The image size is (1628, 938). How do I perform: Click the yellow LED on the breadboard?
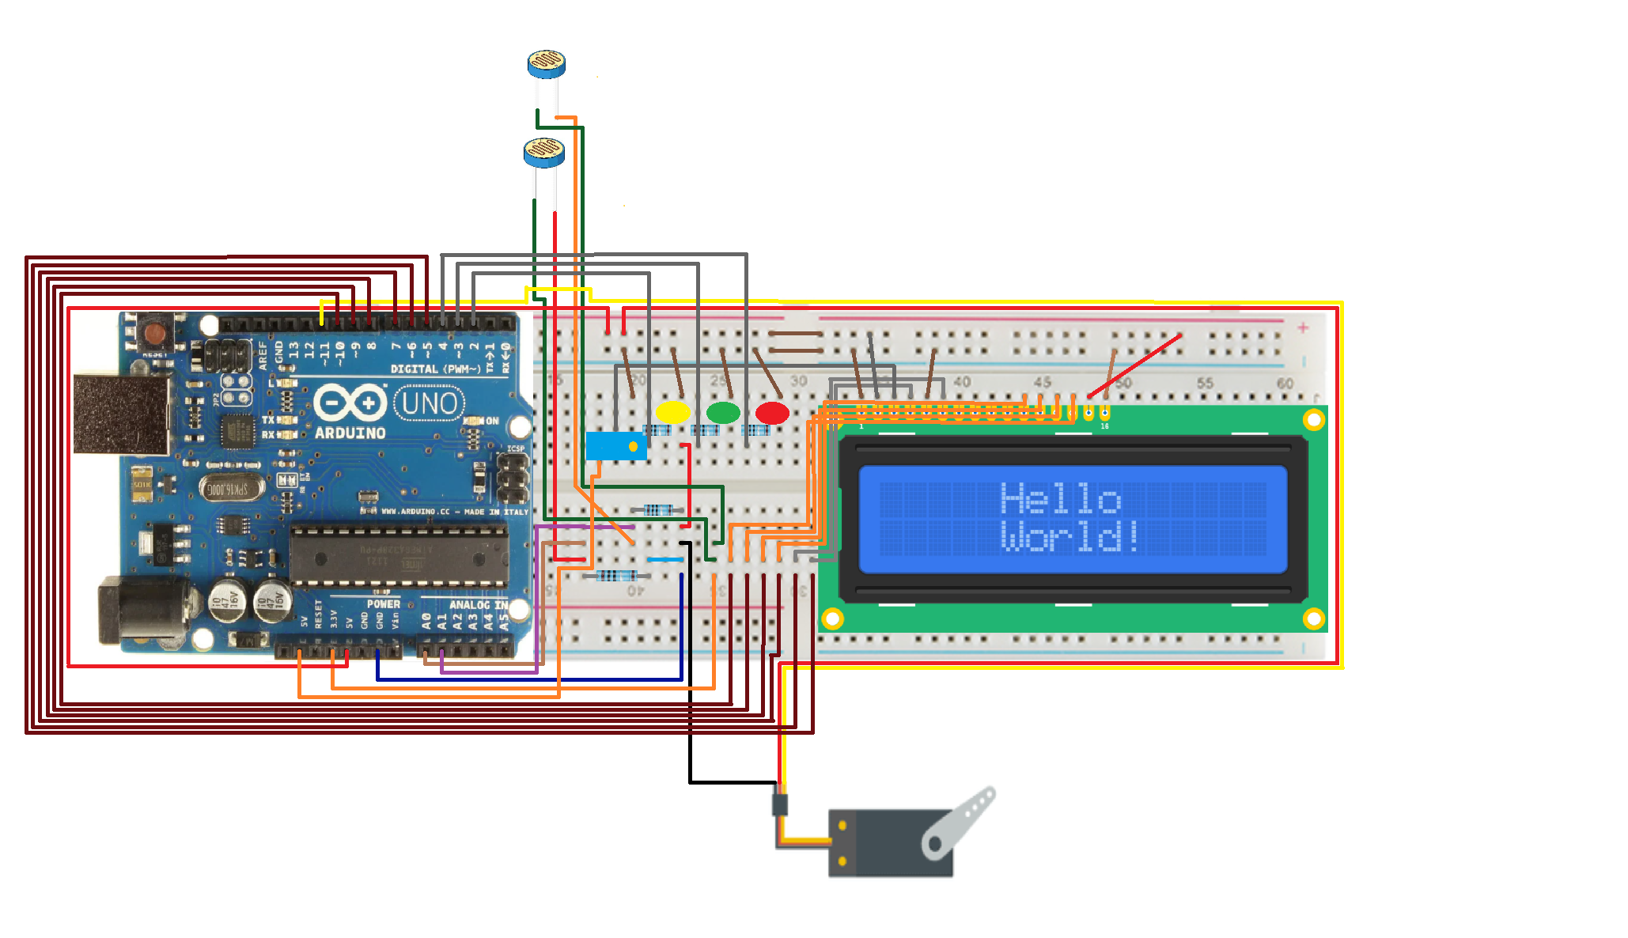click(673, 412)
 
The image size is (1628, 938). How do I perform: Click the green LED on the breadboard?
click(723, 412)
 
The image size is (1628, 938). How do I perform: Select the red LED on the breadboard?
click(772, 412)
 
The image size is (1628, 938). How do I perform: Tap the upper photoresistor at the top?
click(547, 63)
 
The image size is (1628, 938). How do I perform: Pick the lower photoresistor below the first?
click(544, 151)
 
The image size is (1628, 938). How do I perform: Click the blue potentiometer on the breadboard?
click(615, 446)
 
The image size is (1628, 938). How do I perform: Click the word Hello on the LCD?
click(1060, 498)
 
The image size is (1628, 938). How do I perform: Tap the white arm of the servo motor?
click(959, 823)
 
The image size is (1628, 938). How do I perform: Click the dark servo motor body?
click(878, 843)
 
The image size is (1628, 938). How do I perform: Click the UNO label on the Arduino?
click(429, 403)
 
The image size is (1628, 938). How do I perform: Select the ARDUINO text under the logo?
click(350, 433)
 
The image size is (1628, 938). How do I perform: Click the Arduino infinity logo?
click(349, 403)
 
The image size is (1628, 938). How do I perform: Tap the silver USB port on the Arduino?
click(122, 414)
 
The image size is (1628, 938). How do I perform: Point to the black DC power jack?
click(142, 611)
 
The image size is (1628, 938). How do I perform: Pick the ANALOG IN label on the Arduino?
click(478, 605)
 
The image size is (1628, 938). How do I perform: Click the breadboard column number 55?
click(1205, 383)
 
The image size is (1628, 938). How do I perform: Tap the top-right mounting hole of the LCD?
click(1313, 419)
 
